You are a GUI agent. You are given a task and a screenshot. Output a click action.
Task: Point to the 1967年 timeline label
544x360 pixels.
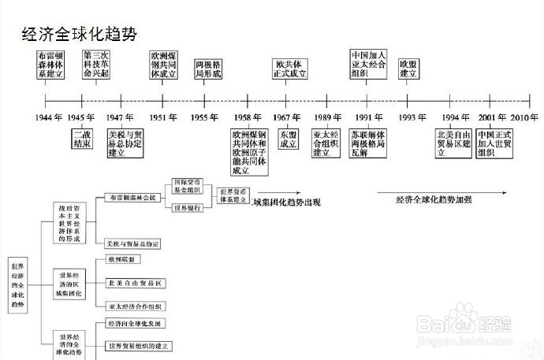pyautogui.click(x=288, y=117)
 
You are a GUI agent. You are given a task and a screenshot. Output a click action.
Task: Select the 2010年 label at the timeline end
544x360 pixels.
pyautogui.click(x=523, y=117)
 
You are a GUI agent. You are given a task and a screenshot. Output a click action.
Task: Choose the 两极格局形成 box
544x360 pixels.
pyautogui.click(x=208, y=69)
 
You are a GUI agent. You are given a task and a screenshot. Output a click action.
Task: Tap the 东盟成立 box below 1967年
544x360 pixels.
pyautogui.click(x=289, y=139)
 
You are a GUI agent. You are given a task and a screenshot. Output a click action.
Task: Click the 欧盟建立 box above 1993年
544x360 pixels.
pyautogui.click(x=408, y=69)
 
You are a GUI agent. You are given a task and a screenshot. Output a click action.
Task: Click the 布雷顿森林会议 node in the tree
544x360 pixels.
pyautogui.click(x=132, y=197)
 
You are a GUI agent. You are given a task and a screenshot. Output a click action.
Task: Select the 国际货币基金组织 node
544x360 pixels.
pyautogui.click(x=187, y=186)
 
